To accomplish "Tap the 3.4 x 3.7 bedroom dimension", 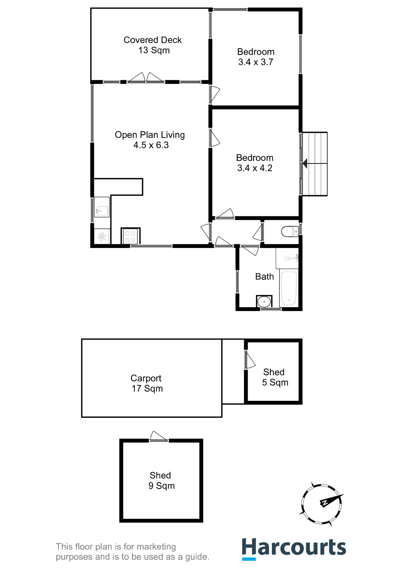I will [x=255, y=62].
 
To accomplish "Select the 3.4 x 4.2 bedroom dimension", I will [x=255, y=168].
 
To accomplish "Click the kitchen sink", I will [x=102, y=207].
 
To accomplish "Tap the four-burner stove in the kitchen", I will [x=130, y=236].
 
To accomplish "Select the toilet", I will [x=289, y=231].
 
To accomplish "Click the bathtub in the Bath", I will [x=289, y=288].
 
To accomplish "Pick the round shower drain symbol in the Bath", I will [x=264, y=302].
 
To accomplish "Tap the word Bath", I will [x=264, y=277].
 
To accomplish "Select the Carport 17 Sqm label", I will [x=147, y=383].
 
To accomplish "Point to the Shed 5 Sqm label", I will [x=274, y=377].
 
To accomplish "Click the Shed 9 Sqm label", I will [x=161, y=480].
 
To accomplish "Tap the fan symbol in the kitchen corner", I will [x=102, y=237].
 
